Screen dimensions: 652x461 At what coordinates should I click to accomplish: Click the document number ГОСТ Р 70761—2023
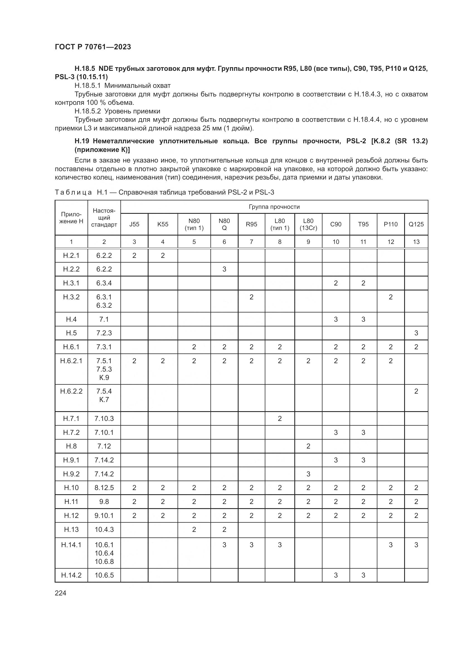tap(93, 47)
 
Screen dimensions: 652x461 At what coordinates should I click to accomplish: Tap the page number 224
tap(60, 593)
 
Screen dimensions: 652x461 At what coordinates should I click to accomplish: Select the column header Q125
tap(416, 224)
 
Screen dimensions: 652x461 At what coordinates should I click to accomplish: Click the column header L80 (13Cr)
tap(308, 224)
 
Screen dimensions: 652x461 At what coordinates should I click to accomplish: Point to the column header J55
tap(134, 224)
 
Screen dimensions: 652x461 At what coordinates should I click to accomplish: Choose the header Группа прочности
tap(274, 207)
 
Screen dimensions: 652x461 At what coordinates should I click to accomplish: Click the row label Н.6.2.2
tap(71, 391)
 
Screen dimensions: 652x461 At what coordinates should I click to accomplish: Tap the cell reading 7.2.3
tap(104, 333)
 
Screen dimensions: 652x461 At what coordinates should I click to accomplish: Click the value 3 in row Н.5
tap(416, 333)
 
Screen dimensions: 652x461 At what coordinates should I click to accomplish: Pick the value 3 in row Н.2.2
tap(224, 269)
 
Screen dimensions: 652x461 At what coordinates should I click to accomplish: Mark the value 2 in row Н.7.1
tap(280, 418)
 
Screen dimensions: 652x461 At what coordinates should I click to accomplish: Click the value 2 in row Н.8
tap(308, 446)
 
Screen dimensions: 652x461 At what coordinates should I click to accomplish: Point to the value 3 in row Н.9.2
tap(308, 474)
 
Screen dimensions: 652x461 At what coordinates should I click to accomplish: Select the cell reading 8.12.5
tap(104, 488)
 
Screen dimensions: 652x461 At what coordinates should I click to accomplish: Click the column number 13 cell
tap(416, 242)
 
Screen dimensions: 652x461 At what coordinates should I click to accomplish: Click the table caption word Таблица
tap(73, 193)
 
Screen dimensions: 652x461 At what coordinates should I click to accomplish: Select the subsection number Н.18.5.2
tap(88, 111)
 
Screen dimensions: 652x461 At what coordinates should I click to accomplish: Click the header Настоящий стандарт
tap(104, 218)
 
